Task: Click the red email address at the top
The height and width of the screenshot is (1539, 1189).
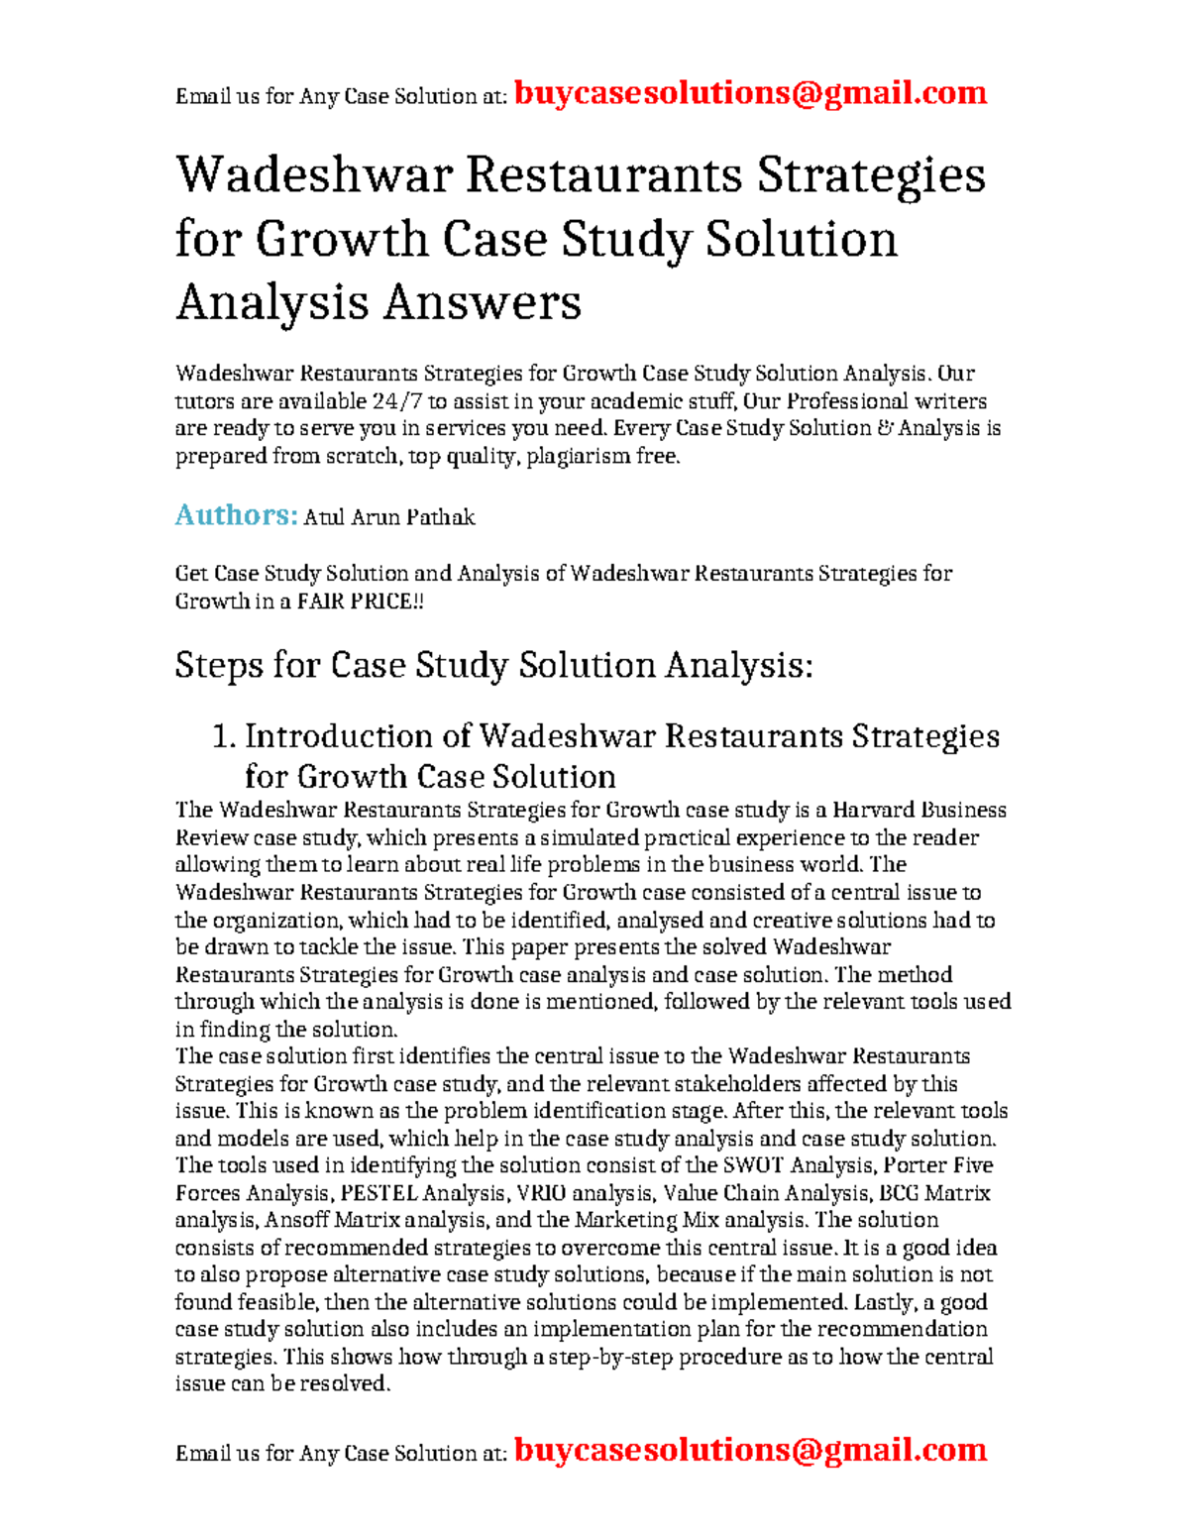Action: (750, 93)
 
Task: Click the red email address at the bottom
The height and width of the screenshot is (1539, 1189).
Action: (750, 1450)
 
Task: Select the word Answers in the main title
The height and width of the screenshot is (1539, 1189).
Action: (482, 302)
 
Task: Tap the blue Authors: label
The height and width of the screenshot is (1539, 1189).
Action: (236, 515)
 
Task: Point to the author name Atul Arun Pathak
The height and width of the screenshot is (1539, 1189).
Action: (388, 517)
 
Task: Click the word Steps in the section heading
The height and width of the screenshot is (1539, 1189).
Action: (219, 665)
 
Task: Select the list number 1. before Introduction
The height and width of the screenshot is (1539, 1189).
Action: (225, 736)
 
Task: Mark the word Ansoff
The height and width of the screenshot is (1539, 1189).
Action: (297, 1220)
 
